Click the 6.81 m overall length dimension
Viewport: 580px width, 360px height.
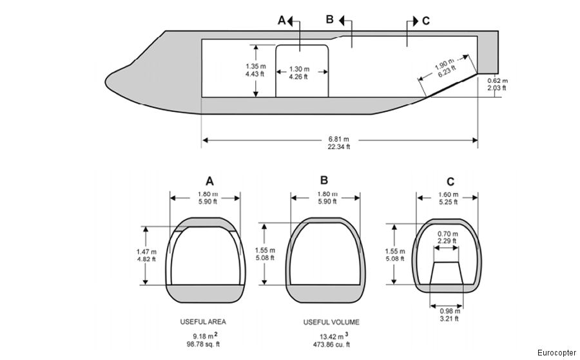(340, 139)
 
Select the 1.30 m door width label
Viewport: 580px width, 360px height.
(299, 69)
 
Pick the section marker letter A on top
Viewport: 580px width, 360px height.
(281, 21)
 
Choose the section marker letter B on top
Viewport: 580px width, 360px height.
(329, 19)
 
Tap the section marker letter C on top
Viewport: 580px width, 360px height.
(425, 21)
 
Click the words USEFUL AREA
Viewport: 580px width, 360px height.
(204, 321)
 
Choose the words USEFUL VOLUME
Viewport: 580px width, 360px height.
(331, 321)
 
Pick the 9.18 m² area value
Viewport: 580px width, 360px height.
(204, 336)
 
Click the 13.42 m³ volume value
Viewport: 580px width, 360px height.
(331, 336)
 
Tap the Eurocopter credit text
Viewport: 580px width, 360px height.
(556, 352)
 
